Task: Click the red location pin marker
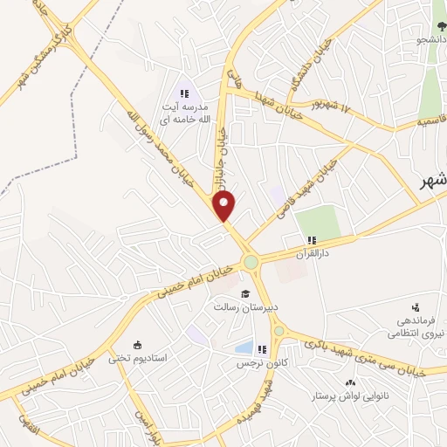pos(224,206)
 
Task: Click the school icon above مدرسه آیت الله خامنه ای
pos(183,92)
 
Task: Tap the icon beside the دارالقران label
pos(311,241)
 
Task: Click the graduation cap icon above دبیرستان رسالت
pos(245,292)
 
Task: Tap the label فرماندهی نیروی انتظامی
pos(416,327)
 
